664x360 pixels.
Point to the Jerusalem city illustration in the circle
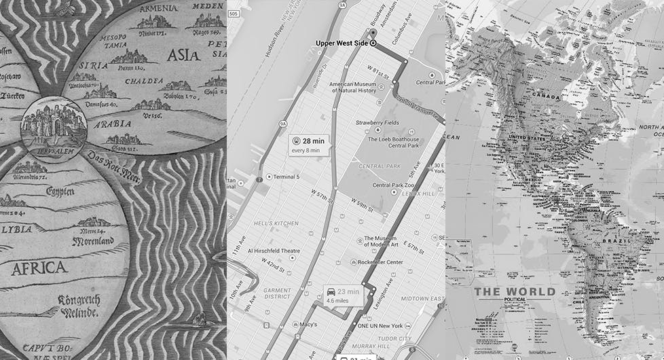(53, 124)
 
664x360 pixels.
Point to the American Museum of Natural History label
(352, 88)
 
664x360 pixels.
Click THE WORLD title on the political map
(515, 292)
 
